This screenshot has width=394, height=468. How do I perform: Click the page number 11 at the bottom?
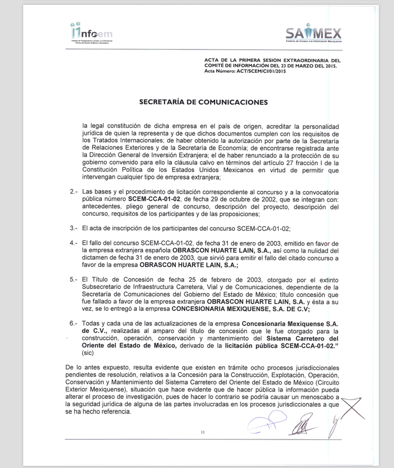pyautogui.click(x=203, y=431)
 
